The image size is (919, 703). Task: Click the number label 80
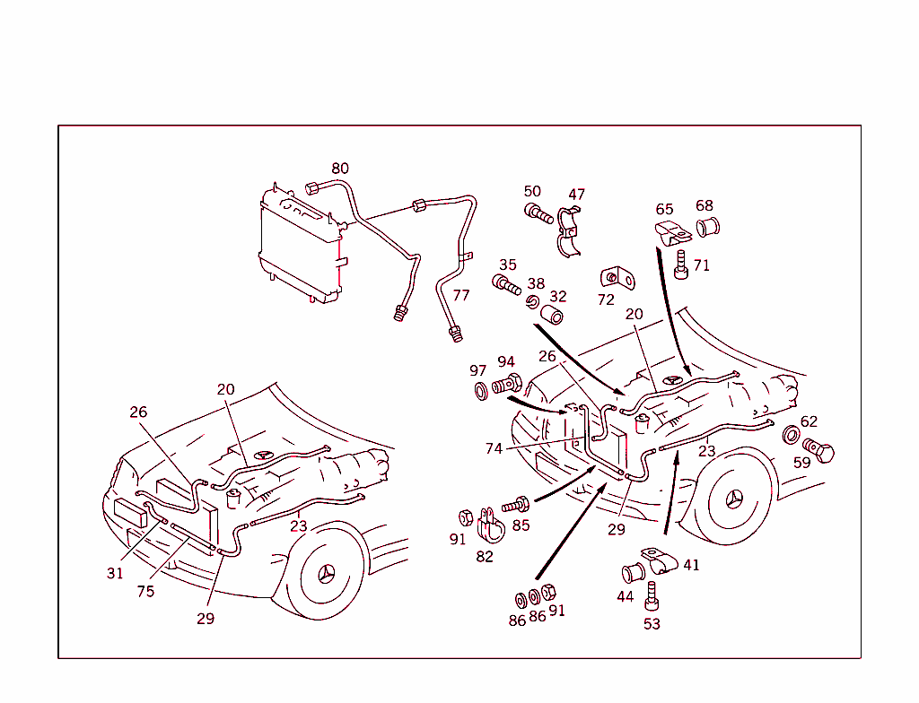339,169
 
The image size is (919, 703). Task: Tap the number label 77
460,295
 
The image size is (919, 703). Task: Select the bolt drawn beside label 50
538,214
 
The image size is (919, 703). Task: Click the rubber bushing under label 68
709,226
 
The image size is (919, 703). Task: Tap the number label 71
701,265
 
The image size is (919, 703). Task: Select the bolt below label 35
507,286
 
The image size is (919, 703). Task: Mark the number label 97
477,370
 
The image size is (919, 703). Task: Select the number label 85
521,525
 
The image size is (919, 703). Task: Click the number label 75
145,591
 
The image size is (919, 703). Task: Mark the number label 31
115,573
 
